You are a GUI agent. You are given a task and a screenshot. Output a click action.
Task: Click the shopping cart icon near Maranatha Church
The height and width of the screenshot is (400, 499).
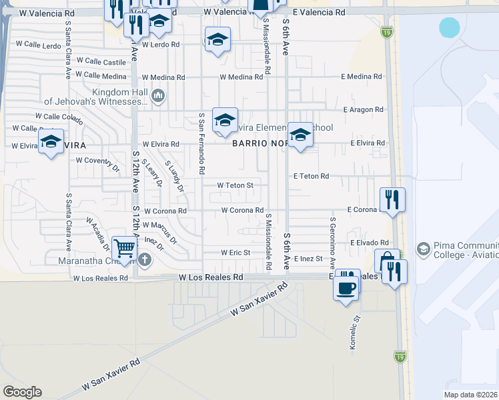(x=124, y=247)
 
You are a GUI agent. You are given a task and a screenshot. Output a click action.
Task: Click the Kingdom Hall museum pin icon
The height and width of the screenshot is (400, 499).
(x=158, y=96)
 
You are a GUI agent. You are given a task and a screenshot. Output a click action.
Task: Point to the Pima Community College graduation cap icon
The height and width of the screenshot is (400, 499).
(x=422, y=249)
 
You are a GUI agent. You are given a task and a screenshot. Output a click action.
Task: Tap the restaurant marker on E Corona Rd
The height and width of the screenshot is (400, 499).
(x=392, y=199)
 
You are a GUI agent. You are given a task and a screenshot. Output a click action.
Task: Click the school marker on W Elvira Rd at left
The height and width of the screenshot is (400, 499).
(x=51, y=141)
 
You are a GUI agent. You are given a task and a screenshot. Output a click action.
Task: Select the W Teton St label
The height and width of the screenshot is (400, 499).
(x=235, y=185)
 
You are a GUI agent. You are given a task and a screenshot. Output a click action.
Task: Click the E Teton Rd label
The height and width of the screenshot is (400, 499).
(x=312, y=176)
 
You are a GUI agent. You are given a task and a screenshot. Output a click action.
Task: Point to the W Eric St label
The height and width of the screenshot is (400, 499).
(x=235, y=253)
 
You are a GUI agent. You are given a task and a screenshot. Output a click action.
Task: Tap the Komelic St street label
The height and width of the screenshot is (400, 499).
(x=356, y=333)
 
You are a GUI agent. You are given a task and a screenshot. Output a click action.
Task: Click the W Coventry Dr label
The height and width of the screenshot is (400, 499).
(x=97, y=160)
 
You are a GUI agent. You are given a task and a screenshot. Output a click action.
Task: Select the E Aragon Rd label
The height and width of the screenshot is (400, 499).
(x=364, y=109)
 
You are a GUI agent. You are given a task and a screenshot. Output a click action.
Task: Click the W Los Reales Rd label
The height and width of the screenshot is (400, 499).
(x=211, y=277)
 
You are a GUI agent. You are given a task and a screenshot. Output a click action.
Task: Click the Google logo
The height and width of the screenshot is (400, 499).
(x=22, y=392)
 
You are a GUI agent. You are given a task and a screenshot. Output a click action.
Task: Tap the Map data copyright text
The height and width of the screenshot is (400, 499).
(x=471, y=395)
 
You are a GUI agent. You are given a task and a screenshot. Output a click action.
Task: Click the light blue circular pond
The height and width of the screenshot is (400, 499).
(x=450, y=27)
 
